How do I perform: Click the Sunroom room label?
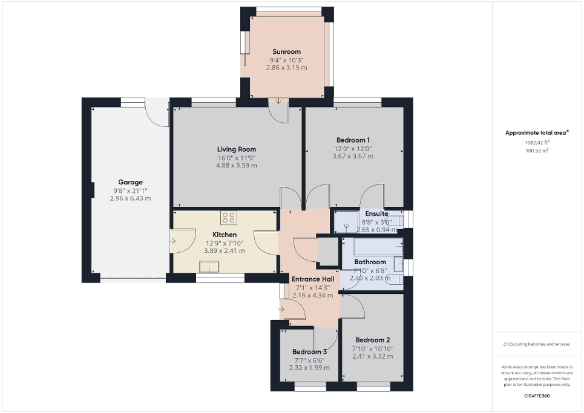coord(286,52)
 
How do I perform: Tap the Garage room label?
coord(130,182)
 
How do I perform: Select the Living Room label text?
coord(237,149)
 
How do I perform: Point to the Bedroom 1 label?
coord(353,140)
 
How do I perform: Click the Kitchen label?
coord(224,235)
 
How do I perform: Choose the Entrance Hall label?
coord(312,279)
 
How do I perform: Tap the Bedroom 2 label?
coord(372,340)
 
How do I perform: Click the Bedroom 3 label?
coord(309,352)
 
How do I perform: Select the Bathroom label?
coord(370,262)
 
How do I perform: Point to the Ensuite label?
coord(376,213)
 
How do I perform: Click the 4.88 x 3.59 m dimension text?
coord(237,165)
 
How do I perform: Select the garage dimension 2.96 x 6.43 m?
coord(130,198)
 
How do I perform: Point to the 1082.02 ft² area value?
coord(537,143)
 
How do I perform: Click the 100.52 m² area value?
coord(537,151)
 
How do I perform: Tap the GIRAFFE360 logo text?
coord(537,395)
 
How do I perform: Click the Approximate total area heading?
coord(537,132)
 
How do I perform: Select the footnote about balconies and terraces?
coord(537,344)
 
